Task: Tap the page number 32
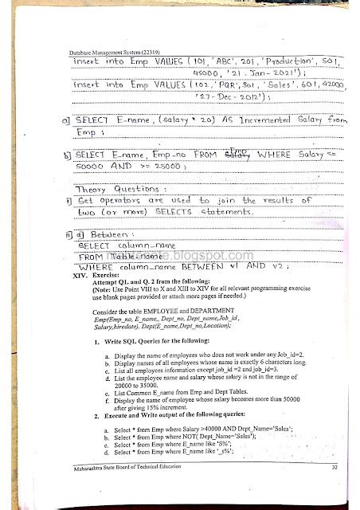pyautogui.click(x=312, y=468)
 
